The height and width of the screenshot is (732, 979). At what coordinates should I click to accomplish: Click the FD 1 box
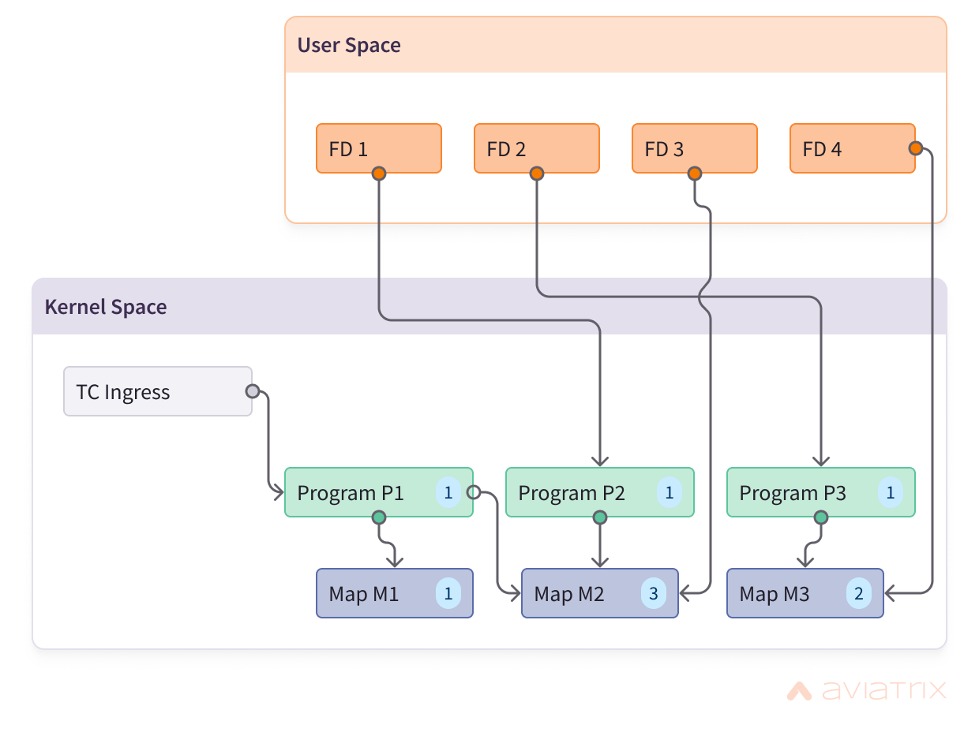coord(379,148)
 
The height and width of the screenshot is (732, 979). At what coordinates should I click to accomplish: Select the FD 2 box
coord(537,148)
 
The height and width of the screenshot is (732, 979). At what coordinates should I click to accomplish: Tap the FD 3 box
coord(695,148)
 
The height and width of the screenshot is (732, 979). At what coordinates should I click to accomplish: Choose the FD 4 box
coord(853,148)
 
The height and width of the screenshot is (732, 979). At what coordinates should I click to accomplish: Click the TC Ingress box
coord(158,391)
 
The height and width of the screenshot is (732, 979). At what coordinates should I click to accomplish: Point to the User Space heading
coord(349,45)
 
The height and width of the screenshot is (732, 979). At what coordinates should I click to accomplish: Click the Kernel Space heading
coord(106,307)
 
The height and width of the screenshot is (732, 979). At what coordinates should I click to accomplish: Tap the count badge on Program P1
coord(448,492)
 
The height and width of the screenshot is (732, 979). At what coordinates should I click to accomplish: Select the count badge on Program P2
coord(669,492)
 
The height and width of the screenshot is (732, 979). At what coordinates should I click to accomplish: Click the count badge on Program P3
coord(891,492)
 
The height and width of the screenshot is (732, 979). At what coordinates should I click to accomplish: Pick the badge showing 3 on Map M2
coord(654,593)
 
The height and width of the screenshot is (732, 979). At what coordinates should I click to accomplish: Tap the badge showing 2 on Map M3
coord(858,593)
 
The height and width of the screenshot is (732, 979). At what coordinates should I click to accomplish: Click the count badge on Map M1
coord(448,593)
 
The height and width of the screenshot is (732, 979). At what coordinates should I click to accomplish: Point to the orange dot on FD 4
coord(915,148)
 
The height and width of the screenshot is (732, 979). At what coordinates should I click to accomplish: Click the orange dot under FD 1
coord(379,174)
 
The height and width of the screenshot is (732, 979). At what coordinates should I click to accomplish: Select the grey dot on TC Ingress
coord(253,391)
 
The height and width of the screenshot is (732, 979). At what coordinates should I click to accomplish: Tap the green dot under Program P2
coord(600,517)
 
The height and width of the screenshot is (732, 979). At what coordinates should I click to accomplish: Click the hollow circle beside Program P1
coord(473,492)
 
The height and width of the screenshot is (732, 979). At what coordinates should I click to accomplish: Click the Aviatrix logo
coord(866,690)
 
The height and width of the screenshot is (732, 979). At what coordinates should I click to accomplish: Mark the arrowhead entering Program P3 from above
coord(821,461)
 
